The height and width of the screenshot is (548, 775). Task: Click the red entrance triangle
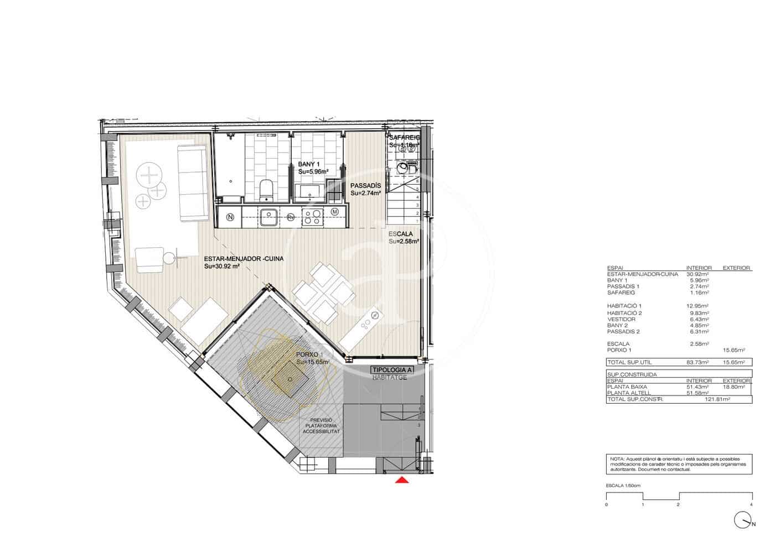click(x=402, y=480)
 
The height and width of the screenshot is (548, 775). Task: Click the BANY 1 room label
click(x=309, y=164)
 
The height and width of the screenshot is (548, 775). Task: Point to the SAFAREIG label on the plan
click(x=404, y=138)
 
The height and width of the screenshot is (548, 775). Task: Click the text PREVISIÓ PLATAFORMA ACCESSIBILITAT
click(x=321, y=426)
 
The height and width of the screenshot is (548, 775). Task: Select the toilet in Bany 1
click(x=266, y=189)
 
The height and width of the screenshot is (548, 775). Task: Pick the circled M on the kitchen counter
click(x=335, y=212)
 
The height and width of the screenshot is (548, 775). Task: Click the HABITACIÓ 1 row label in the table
click(x=624, y=306)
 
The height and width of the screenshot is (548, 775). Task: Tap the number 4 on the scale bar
click(x=751, y=505)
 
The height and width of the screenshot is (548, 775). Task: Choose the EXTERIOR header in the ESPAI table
click(x=736, y=268)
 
